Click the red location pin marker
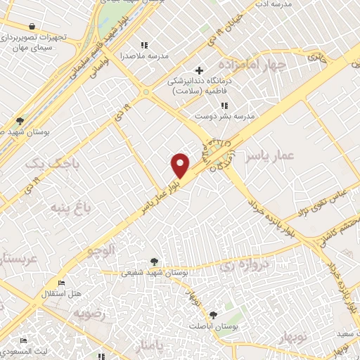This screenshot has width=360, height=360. click(x=181, y=165)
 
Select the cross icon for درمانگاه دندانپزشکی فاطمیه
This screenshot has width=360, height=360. click(x=200, y=70)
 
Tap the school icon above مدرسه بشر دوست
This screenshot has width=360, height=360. click(x=224, y=105)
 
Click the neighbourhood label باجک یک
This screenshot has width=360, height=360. click(x=49, y=164)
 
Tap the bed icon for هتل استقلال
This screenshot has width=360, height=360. click(x=61, y=283)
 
